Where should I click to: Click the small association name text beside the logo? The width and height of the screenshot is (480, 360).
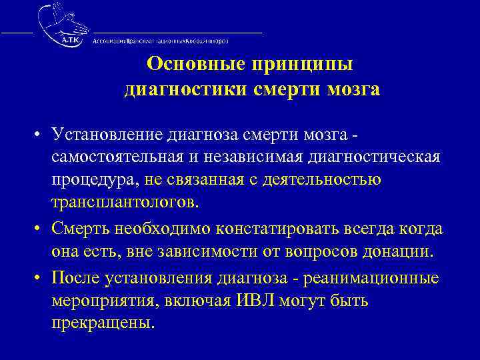coord(161,41)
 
